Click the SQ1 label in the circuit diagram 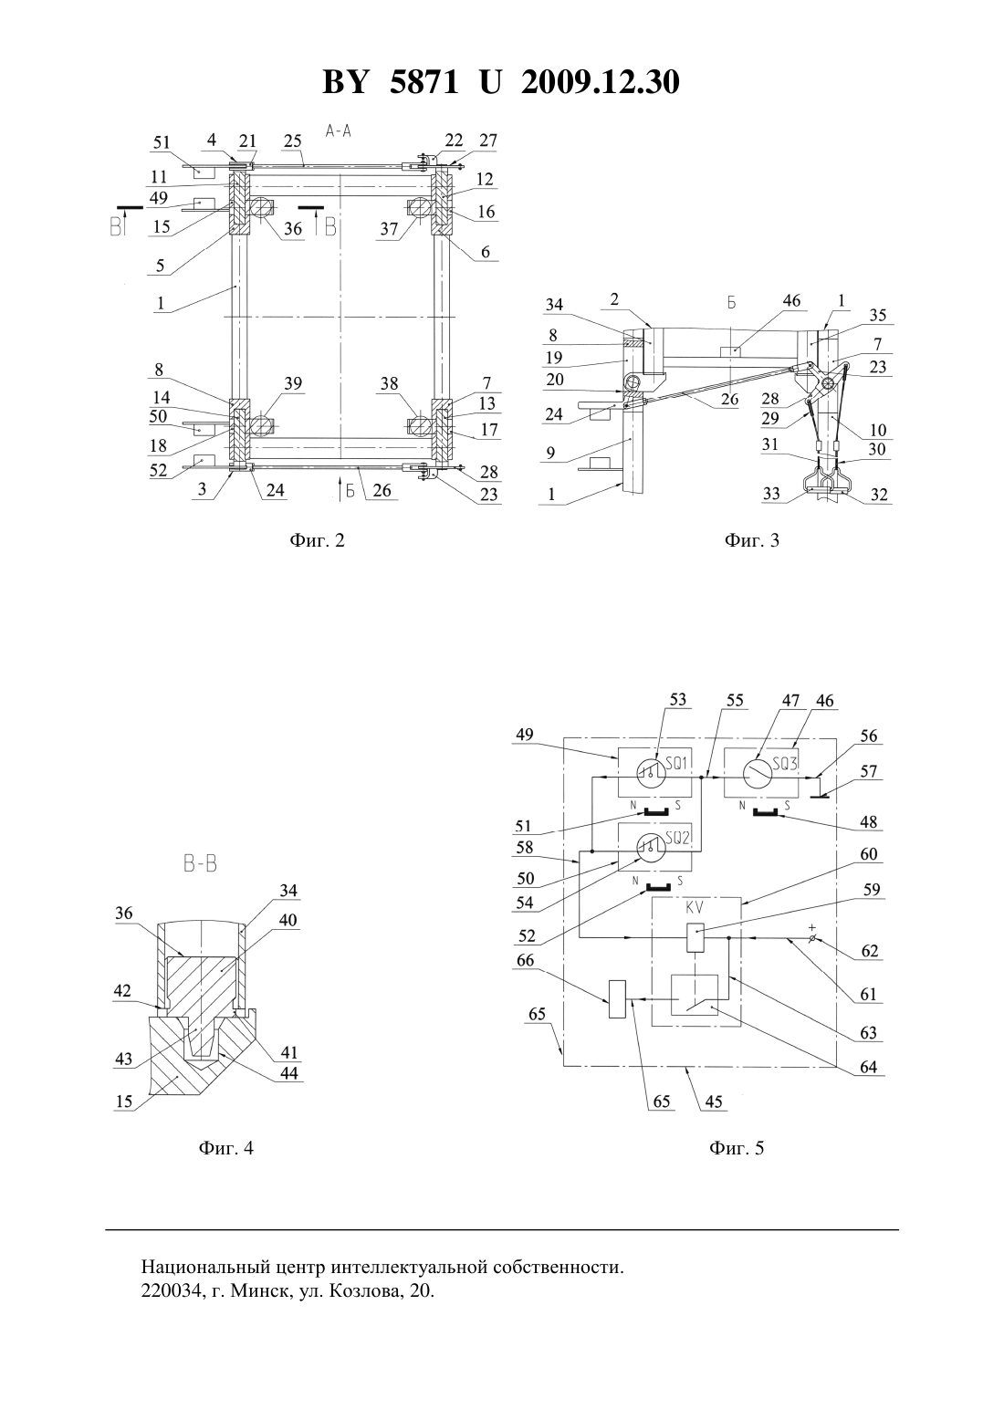[676, 764]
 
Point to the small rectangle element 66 [617, 999]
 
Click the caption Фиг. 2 [317, 540]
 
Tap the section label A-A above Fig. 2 [339, 131]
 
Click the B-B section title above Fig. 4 [200, 864]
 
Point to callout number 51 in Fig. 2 [162, 142]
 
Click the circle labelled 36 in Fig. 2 [261, 206]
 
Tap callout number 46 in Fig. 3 [791, 300]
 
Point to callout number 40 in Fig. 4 [288, 920]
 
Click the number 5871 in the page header [424, 82]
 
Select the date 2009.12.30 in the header [601, 82]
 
